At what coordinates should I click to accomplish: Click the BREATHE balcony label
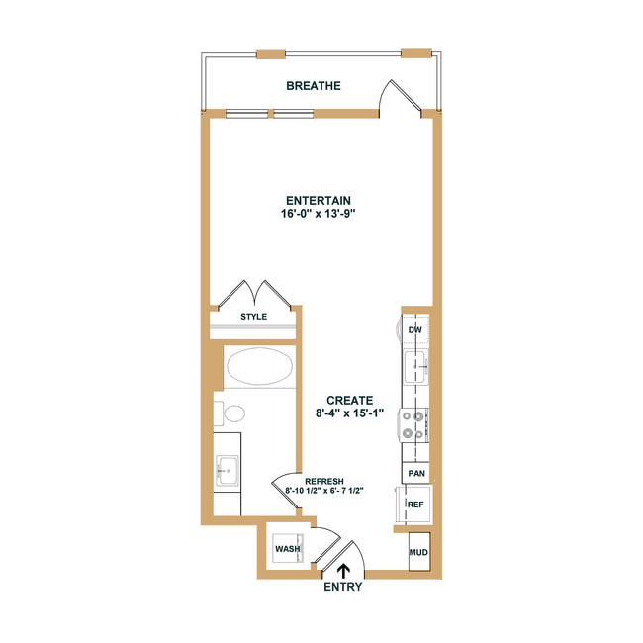(314, 86)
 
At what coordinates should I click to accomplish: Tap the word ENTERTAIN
(319, 201)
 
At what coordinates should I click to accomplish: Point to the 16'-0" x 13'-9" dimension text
(318, 214)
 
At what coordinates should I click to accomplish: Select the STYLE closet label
(253, 317)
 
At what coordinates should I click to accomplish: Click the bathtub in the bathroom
(259, 366)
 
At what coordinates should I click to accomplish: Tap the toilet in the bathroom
(230, 413)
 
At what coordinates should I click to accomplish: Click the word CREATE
(350, 401)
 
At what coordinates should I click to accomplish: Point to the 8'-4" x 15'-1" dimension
(349, 413)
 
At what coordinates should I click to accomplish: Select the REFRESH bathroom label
(324, 481)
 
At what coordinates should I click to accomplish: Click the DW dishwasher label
(415, 329)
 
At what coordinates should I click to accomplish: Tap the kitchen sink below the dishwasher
(415, 366)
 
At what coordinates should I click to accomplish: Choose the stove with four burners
(413, 424)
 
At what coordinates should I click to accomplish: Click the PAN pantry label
(416, 473)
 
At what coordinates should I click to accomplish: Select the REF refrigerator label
(415, 505)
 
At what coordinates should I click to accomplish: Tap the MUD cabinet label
(418, 552)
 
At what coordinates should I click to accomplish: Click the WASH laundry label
(288, 549)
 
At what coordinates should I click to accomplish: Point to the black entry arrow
(343, 571)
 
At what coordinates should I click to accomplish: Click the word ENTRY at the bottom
(343, 587)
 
